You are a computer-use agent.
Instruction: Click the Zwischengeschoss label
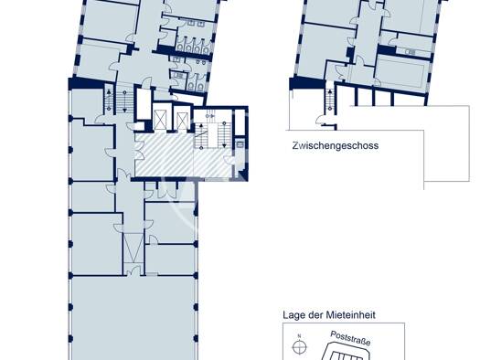click(x=336, y=145)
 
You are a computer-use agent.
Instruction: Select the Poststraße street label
click(x=350, y=339)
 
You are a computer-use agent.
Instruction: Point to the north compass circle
click(x=300, y=347)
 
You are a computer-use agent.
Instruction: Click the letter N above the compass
click(x=299, y=336)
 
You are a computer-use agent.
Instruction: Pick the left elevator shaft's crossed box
click(x=160, y=120)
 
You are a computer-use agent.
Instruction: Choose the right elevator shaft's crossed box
click(x=182, y=121)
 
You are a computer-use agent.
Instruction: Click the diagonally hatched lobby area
click(x=183, y=154)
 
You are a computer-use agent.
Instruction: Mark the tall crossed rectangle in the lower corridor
click(x=133, y=248)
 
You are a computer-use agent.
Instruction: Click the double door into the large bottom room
click(x=133, y=270)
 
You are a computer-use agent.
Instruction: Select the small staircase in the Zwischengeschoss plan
click(x=330, y=100)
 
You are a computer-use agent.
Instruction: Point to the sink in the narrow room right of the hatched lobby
click(x=240, y=143)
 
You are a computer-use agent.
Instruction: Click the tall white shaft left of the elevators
click(x=144, y=103)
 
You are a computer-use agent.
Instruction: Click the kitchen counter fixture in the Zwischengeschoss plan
click(x=410, y=52)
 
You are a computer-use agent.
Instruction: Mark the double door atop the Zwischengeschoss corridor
click(x=372, y=5)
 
